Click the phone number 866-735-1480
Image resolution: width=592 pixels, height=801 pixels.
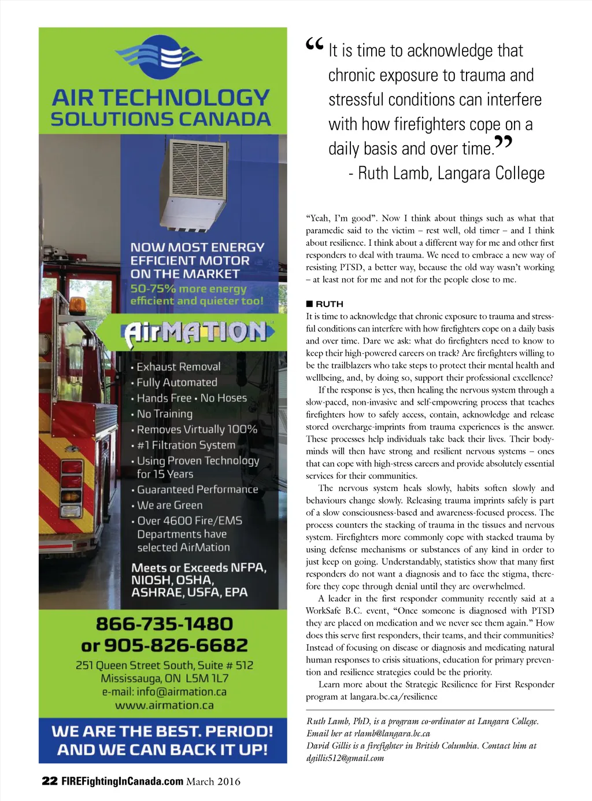click(164, 624)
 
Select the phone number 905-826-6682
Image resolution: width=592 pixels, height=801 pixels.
click(183, 645)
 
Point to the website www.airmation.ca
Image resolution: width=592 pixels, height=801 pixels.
click(164, 706)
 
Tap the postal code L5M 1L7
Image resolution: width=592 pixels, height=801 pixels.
click(206, 678)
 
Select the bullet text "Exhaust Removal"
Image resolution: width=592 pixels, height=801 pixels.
click(178, 367)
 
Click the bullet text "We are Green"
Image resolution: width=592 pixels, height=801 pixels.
click(169, 505)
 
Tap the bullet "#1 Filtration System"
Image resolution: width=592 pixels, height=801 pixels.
click(186, 445)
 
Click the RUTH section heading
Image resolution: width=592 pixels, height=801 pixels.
click(329, 304)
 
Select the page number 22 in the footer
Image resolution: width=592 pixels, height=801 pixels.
click(49, 781)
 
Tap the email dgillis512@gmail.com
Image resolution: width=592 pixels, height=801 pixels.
click(345, 758)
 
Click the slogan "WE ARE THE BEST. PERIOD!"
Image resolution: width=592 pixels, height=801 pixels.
click(162, 731)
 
